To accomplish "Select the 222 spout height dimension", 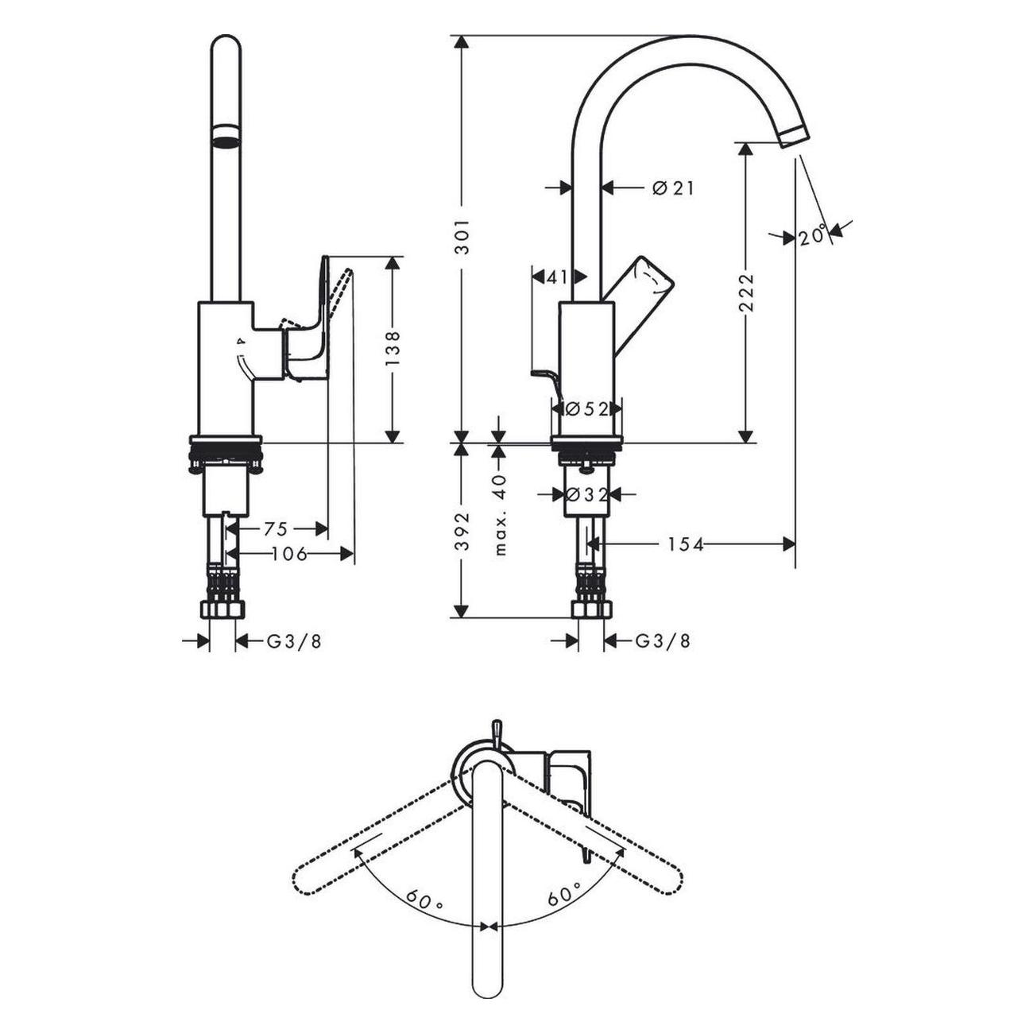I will (746, 293).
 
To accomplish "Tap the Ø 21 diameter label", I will (672, 188).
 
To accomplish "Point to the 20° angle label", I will (812, 236).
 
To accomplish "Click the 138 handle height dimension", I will (393, 349).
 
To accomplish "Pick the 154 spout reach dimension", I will (685, 544).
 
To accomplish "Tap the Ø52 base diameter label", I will (587, 408).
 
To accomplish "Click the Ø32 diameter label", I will (587, 494).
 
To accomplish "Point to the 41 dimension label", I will (558, 277).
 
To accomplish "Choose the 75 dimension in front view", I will (275, 528).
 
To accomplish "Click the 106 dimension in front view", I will (289, 554).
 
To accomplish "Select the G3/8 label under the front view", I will (293, 641).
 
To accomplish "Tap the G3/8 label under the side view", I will (663, 641).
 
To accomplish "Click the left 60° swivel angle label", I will (424, 900).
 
